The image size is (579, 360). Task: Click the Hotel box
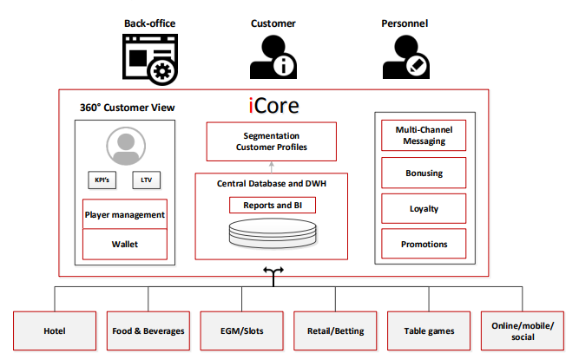pyautogui.click(x=54, y=331)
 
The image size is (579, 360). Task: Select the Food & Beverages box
pyautogui.click(x=148, y=331)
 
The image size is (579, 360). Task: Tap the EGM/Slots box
pyautogui.click(x=242, y=331)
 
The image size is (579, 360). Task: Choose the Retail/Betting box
pyautogui.click(x=336, y=331)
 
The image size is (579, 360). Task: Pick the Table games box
pyautogui.click(x=430, y=331)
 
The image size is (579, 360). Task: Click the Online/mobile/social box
pyautogui.click(x=523, y=331)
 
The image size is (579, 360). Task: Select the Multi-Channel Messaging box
pyautogui.click(x=424, y=135)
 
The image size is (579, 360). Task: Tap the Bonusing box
pyautogui.click(x=424, y=173)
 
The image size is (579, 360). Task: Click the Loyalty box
pyautogui.click(x=424, y=208)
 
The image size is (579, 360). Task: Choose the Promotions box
pyautogui.click(x=424, y=244)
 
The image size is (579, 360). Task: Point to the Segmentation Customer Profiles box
pyautogui.click(x=271, y=141)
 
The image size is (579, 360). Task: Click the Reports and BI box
pyautogui.click(x=272, y=206)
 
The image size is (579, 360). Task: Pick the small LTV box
pyautogui.click(x=146, y=180)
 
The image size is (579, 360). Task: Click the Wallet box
pyautogui.click(x=124, y=244)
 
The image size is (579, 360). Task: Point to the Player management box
pyautogui.click(x=124, y=214)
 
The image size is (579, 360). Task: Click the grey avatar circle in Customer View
pyautogui.click(x=124, y=145)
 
